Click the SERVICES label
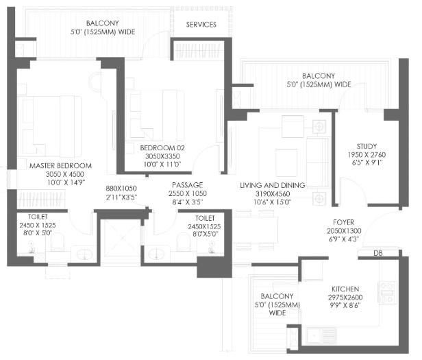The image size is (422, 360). pyautogui.click(x=201, y=25)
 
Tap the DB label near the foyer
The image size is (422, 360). pyautogui.click(x=378, y=253)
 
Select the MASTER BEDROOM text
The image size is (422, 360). pyautogui.click(x=60, y=165)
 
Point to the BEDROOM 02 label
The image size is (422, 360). pyautogui.click(x=162, y=147)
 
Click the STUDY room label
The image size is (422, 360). pyautogui.click(x=367, y=146)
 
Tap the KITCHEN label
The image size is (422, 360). pyautogui.click(x=345, y=289)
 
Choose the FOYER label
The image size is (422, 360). pyautogui.click(x=344, y=222)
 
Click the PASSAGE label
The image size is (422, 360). pyautogui.click(x=187, y=185)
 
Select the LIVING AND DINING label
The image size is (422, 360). pyautogui.click(x=273, y=185)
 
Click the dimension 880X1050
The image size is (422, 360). pyautogui.click(x=121, y=189)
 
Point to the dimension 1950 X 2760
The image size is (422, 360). pyautogui.click(x=367, y=155)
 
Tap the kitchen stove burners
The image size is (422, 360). pyautogui.click(x=388, y=293)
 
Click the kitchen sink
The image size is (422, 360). pyautogui.click(x=321, y=335)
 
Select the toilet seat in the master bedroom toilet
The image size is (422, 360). pyautogui.click(x=58, y=242)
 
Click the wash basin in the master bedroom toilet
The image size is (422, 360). pyautogui.click(x=84, y=254)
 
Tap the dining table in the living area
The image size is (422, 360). pyautogui.click(x=256, y=230)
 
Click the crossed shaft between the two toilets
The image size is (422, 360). pyautogui.click(x=123, y=238)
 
